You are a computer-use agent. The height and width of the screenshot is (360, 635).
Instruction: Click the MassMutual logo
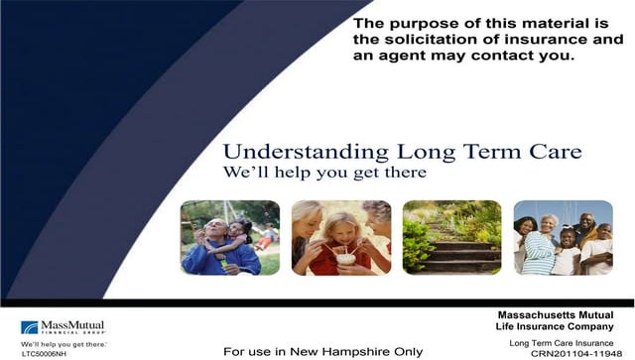63,326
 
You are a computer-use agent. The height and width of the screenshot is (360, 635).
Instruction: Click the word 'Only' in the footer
408,351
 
